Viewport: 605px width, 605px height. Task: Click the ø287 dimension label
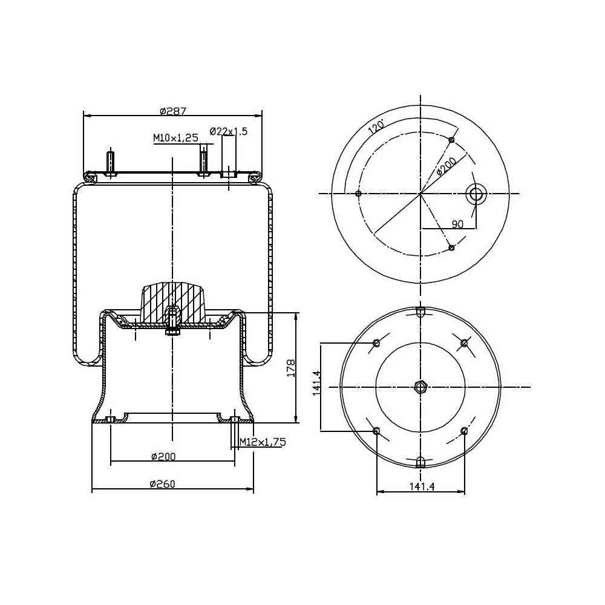coord(172,111)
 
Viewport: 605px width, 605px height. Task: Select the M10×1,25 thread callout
coord(175,138)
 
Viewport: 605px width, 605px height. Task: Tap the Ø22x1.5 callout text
coord(228,131)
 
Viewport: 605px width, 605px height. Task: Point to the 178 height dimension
coord(290,368)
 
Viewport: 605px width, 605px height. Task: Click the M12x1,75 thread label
coord(262,442)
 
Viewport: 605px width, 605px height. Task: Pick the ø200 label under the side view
coord(163,456)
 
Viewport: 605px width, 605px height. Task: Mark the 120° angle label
coord(376,127)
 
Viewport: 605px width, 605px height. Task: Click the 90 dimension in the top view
coord(457,224)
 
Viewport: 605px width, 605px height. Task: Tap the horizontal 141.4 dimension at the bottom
coord(422,486)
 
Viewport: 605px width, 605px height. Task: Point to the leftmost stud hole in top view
coord(359,194)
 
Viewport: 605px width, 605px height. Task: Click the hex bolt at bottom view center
coord(420,387)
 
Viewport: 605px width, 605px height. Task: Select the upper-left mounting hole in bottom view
coord(377,344)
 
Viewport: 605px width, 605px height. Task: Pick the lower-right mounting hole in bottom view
coord(464,431)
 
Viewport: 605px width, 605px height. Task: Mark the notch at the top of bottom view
coord(420,312)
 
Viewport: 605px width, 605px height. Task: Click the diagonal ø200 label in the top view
coord(446,165)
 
